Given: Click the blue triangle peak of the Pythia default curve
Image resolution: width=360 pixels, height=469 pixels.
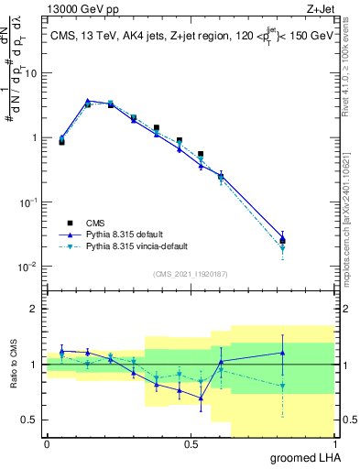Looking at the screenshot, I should pos(87,101).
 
